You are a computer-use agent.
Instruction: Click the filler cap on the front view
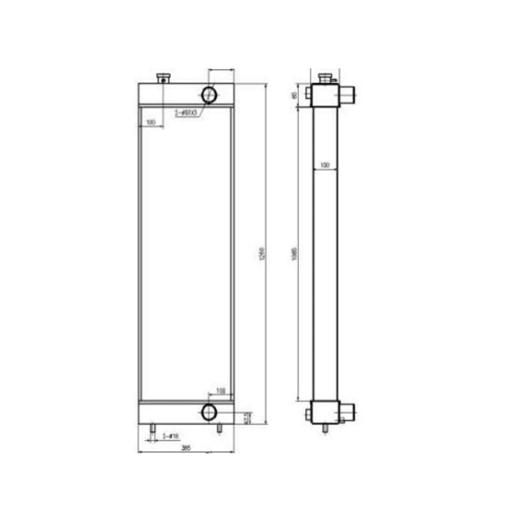[164, 77]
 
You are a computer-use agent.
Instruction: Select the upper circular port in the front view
[209, 94]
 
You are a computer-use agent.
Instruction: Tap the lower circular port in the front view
[208, 412]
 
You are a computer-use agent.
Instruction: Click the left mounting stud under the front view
[153, 429]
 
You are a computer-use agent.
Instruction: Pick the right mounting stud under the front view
[219, 429]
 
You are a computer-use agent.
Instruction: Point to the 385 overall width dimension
[186, 448]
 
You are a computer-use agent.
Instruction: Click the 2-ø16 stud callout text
[170, 436]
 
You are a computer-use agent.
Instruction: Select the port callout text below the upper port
[187, 113]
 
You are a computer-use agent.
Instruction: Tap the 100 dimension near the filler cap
[151, 122]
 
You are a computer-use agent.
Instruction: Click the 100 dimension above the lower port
[220, 392]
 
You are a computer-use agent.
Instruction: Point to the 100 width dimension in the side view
[324, 165]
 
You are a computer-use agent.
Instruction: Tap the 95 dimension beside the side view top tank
[295, 95]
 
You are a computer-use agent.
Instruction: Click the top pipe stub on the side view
[348, 92]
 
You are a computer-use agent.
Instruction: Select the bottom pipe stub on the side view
[347, 411]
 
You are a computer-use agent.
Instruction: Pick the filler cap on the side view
[325, 77]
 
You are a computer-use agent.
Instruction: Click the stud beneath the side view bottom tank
[325, 429]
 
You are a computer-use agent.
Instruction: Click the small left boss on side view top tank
[308, 92]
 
